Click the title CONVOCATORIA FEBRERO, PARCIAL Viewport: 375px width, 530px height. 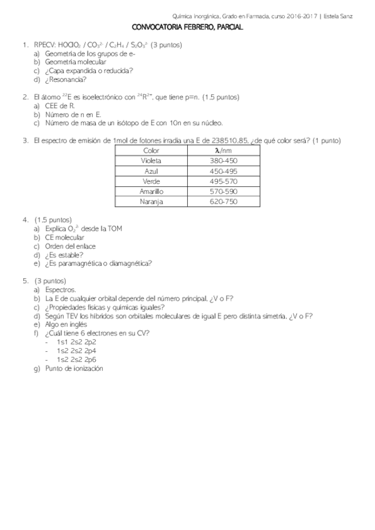pos(187,28)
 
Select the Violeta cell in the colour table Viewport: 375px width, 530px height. pos(152,161)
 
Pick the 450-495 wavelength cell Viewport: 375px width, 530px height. pos(223,171)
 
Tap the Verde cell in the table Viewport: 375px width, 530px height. pos(152,181)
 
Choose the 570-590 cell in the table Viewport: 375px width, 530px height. pos(223,191)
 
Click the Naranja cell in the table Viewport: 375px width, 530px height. pos(152,201)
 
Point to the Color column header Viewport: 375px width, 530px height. pos(152,151)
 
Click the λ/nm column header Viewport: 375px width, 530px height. pos(223,151)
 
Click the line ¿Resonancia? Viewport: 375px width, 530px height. pos(66,79)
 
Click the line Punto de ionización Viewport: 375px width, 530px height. pos(74,369)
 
